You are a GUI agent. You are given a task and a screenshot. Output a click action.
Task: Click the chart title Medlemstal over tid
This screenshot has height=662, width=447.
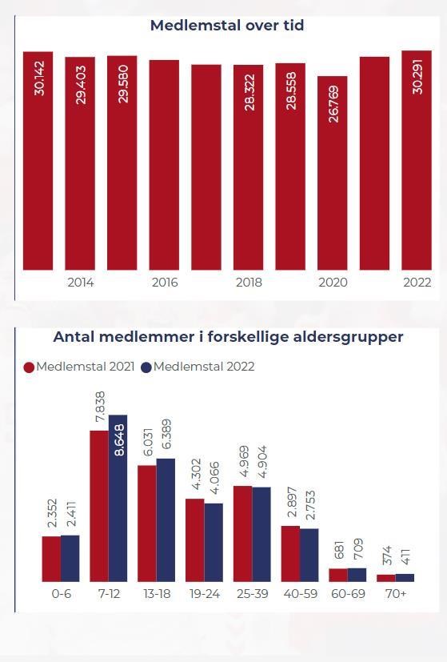point(227,26)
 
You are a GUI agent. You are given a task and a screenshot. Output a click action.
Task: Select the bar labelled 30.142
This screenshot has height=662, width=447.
point(38,161)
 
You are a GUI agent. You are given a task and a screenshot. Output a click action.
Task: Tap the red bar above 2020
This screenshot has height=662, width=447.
point(333,173)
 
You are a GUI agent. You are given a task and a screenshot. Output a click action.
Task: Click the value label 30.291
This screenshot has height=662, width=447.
point(417,76)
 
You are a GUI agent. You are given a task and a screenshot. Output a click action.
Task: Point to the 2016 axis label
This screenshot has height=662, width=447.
point(165,283)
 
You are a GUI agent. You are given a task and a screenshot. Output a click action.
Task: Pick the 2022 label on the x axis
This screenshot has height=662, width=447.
point(417,283)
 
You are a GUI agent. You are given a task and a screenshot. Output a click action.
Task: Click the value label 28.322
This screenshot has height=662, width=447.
point(249,93)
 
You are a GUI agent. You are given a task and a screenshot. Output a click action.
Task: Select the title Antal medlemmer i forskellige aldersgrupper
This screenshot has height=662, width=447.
point(228,337)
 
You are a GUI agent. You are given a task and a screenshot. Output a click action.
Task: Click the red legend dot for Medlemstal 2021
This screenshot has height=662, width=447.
point(29,367)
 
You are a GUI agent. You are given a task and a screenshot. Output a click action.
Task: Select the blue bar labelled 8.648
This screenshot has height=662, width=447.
point(118,498)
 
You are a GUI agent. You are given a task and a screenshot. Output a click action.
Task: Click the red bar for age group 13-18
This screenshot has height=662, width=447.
point(147,524)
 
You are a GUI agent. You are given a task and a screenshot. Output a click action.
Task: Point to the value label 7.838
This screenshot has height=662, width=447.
point(101,407)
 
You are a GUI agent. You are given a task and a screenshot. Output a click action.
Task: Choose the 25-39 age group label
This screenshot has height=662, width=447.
point(252,594)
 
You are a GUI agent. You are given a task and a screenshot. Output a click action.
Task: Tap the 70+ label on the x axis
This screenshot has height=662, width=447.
point(396,594)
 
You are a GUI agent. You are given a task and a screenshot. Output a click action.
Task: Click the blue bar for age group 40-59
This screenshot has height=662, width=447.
point(309,555)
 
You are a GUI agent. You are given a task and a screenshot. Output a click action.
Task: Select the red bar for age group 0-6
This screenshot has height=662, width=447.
point(51,559)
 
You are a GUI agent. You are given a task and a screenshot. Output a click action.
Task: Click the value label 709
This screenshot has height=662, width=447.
point(357,549)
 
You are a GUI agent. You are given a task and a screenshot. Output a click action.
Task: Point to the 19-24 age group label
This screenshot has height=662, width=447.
point(205,594)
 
